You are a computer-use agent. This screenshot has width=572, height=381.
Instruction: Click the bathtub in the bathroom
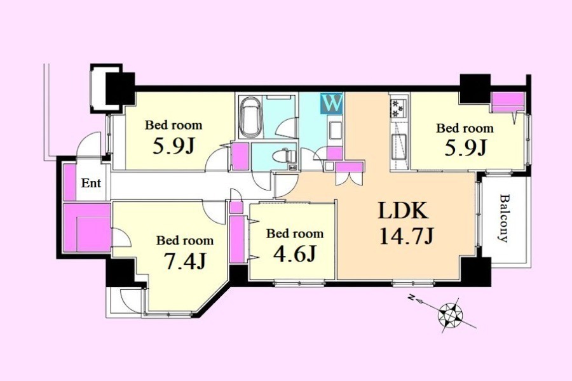click(250, 117)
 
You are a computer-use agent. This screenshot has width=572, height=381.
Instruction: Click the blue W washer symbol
click(332, 103)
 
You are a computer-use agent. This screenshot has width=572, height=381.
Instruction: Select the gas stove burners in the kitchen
click(396, 107)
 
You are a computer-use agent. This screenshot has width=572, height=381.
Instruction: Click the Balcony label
click(504, 218)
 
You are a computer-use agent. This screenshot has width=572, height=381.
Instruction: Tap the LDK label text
click(403, 211)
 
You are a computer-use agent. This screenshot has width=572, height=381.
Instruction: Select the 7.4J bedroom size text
click(185, 261)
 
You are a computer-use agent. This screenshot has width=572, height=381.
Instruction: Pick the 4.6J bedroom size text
click(294, 253)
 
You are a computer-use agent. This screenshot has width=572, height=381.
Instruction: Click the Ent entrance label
click(91, 183)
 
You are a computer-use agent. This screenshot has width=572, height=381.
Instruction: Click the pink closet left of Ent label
click(69, 182)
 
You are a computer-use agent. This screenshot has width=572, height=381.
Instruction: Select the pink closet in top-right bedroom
click(508, 102)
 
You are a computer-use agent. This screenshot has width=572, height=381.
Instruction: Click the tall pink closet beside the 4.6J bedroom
click(237, 239)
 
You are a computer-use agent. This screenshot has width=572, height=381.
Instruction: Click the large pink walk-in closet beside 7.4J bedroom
click(87, 227)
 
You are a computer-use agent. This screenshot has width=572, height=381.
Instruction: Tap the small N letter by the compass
click(411, 298)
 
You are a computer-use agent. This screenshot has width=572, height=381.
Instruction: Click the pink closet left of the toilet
click(240, 156)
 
